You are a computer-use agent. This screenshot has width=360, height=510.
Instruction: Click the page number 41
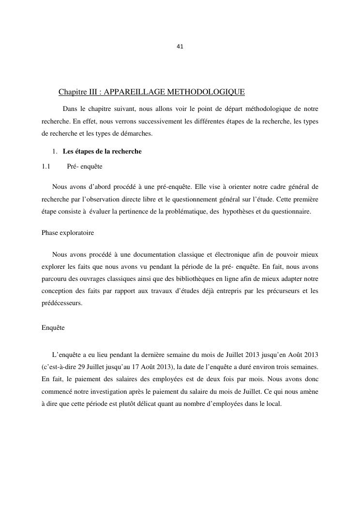(180, 46)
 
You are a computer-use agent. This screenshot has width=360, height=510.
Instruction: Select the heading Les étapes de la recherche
(102, 152)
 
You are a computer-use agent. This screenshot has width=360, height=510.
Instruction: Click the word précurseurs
(278, 292)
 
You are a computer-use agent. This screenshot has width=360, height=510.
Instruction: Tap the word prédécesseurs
(62, 304)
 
